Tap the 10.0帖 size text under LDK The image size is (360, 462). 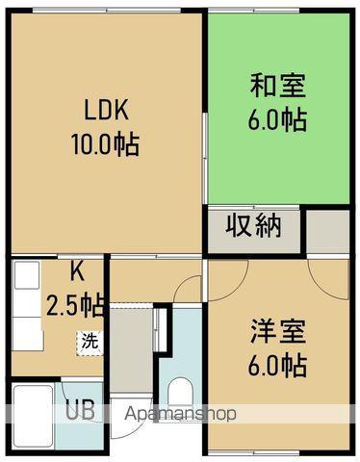104,144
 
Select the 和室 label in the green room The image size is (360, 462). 278,87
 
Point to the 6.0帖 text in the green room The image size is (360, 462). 277,120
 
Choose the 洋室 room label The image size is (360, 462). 278,331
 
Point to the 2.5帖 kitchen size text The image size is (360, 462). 76,305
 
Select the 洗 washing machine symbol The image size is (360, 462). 88,339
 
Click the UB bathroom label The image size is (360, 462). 79,411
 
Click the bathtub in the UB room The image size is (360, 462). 31,414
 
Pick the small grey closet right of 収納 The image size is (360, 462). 327,230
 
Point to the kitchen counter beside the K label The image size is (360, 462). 27,308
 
